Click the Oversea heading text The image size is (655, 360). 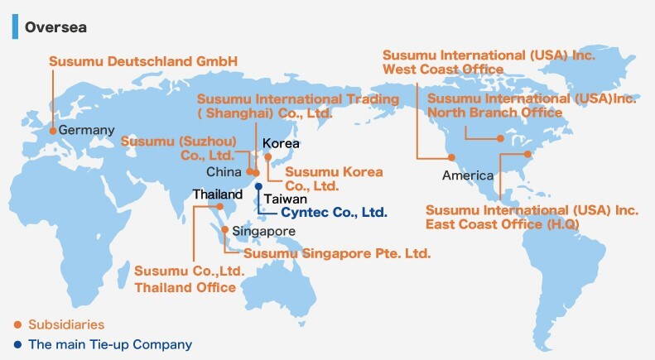click(55, 27)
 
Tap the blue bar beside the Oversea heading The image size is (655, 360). click(15, 26)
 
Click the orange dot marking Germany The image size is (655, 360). click(53, 131)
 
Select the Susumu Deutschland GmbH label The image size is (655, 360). click(143, 61)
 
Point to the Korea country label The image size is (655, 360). click(281, 144)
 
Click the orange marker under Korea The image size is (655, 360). click(267, 157)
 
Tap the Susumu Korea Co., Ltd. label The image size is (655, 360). click(334, 179)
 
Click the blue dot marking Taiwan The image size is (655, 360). click(258, 186)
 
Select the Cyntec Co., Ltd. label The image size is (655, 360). click(335, 212)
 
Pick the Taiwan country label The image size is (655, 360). click(286, 199)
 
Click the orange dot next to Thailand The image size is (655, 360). click(220, 206)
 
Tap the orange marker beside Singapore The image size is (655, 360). click(224, 229)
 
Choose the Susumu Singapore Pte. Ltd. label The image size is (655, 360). click(337, 253)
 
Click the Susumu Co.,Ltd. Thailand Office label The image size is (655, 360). click(190, 279)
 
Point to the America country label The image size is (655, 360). click(468, 175)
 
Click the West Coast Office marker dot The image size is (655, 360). click(451, 157)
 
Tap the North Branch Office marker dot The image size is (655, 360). click(500, 138)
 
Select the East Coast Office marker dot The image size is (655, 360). click(527, 154)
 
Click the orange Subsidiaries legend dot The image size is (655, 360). click(17, 324)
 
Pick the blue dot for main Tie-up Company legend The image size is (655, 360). click(17, 344)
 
